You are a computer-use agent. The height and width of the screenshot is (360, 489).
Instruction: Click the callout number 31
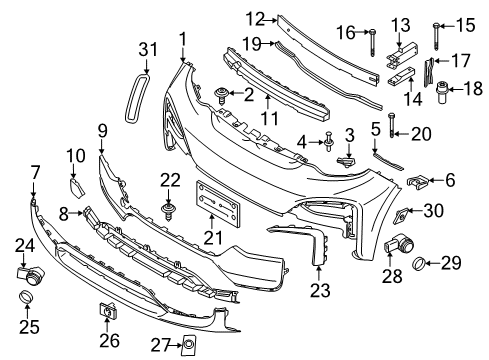point(148,49)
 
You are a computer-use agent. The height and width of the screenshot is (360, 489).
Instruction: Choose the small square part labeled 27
point(186,346)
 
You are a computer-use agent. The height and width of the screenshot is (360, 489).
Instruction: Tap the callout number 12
point(256,17)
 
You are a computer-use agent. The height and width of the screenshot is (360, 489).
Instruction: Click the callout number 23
point(320,293)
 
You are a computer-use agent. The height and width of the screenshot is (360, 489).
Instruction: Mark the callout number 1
point(183,39)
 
